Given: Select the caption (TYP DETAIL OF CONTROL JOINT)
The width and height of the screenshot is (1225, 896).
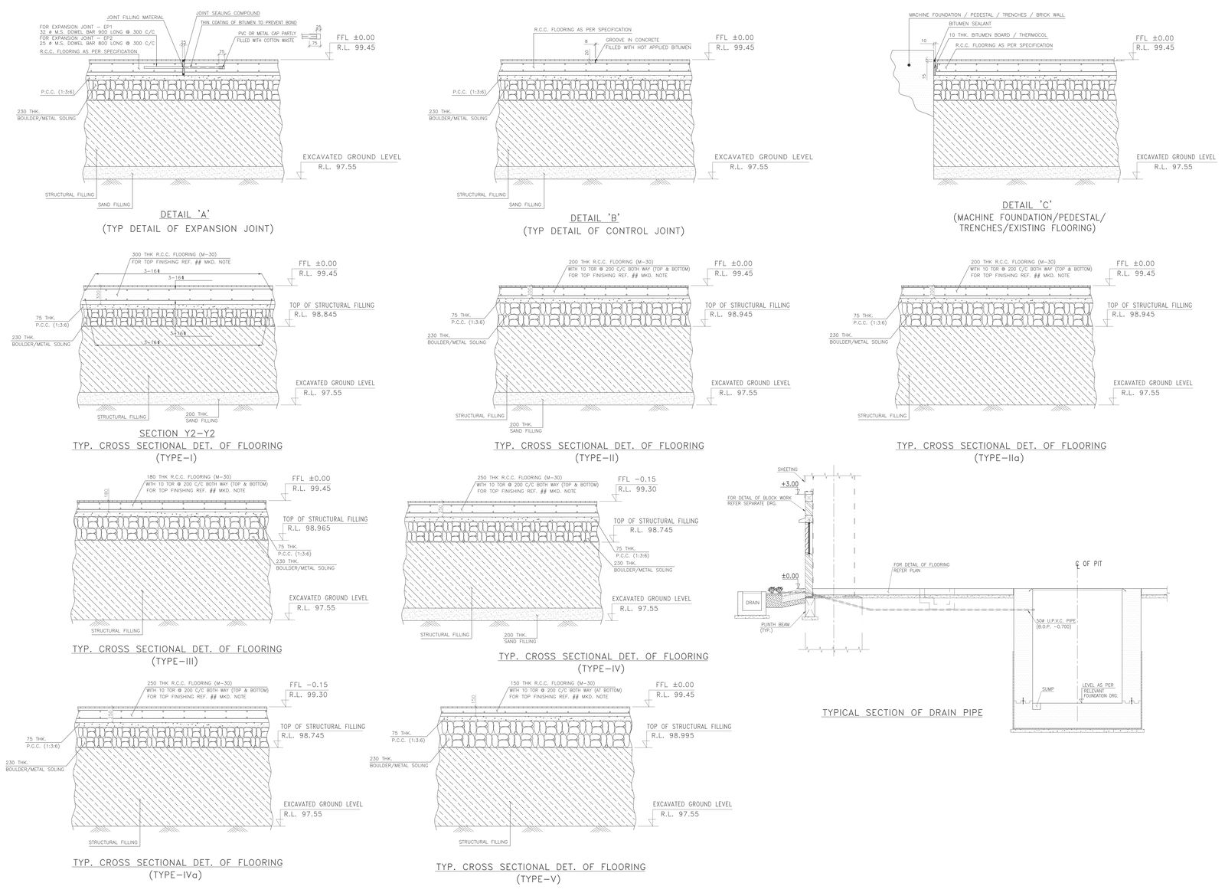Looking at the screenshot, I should tap(603, 231).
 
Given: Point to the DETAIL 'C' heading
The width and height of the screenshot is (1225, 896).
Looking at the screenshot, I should tap(1026, 205).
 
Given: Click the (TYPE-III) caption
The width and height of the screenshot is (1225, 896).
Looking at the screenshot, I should tap(177, 662).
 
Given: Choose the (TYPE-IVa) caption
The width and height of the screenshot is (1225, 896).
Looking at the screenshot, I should tap(177, 875).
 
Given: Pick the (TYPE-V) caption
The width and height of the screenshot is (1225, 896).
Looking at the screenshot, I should tap(540, 878).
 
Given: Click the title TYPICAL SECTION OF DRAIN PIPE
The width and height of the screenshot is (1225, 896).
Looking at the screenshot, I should tap(902, 713).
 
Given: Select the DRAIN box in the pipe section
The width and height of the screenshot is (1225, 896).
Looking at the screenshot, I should tap(753, 603).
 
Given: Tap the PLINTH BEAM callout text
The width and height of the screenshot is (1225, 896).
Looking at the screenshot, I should tap(776, 626).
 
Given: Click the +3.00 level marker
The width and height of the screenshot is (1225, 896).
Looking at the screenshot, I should tap(789, 485).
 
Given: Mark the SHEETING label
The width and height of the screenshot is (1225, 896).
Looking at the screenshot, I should tap(787, 469).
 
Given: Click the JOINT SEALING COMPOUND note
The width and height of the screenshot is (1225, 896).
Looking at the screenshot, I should tap(227, 14).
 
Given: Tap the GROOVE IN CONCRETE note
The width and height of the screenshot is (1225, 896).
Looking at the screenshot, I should tap(632, 39).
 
